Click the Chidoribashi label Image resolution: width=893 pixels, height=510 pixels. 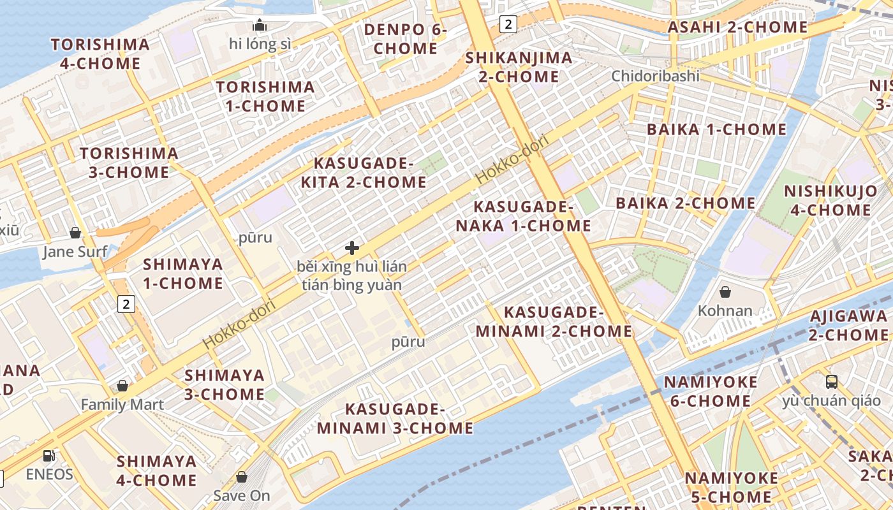point(655,76)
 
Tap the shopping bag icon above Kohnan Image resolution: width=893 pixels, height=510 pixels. point(725,293)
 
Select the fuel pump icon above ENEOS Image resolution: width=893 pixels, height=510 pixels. point(48,456)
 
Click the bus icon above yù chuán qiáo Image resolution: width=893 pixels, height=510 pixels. point(832,382)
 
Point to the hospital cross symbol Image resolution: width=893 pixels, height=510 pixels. point(352,248)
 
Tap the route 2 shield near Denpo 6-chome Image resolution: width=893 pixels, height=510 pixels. point(508,24)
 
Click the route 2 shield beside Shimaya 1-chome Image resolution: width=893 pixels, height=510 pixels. point(126,304)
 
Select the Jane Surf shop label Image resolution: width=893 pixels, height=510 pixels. point(75,252)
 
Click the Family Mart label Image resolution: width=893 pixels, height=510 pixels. point(122,404)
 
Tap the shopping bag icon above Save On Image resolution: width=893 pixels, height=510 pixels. point(242,477)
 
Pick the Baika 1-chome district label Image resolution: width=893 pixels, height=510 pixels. point(716,129)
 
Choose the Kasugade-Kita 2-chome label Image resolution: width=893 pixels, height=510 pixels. point(363,173)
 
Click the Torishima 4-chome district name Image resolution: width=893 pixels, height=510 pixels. point(100,54)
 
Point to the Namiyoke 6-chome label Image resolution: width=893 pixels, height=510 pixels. point(711,391)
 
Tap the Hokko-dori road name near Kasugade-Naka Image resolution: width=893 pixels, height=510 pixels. point(512,159)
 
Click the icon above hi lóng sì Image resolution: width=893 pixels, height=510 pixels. point(260,25)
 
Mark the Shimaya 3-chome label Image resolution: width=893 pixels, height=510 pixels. point(224,384)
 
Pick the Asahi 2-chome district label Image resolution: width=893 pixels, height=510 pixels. point(737,27)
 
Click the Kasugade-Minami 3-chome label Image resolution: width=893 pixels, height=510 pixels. point(395,418)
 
